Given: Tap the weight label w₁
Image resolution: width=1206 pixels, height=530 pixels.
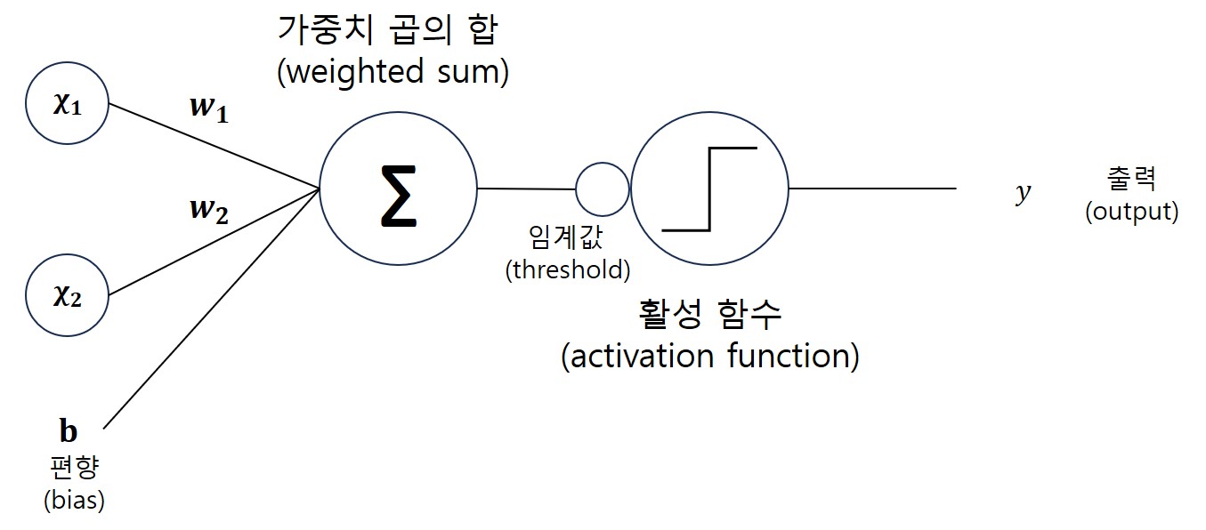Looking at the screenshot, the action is [209, 109].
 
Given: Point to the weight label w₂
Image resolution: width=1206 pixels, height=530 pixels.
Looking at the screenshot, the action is [209, 211].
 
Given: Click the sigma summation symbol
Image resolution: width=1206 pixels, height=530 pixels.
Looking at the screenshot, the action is [399, 196].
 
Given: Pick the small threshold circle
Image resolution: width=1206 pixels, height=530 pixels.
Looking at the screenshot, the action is [576, 189].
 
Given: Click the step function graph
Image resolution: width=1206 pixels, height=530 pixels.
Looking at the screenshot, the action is [710, 189].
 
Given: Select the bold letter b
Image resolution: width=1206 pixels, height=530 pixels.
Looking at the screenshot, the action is [69, 431].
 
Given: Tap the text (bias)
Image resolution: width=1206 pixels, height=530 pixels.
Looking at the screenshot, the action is [74, 501].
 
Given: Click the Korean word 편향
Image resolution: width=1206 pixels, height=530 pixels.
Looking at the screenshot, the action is [74, 467].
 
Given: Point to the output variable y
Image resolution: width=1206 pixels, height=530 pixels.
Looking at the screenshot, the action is [1023, 193].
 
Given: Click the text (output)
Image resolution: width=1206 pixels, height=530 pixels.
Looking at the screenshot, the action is [1132, 212].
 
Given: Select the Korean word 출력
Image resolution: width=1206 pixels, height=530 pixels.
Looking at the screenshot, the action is [1131, 178].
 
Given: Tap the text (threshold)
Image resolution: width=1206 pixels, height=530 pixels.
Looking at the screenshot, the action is [568, 269].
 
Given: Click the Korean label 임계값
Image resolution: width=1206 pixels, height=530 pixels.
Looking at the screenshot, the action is [566, 237].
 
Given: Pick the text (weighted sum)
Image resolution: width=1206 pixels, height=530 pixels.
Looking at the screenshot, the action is [393, 72].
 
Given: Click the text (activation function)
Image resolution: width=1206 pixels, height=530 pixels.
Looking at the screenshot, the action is [710, 357].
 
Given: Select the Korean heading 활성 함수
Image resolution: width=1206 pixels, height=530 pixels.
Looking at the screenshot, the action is [709, 314].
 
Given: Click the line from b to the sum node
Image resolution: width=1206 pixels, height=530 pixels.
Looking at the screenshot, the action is [212, 309].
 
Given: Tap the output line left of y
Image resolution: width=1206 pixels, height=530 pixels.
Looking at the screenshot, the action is [873, 189].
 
